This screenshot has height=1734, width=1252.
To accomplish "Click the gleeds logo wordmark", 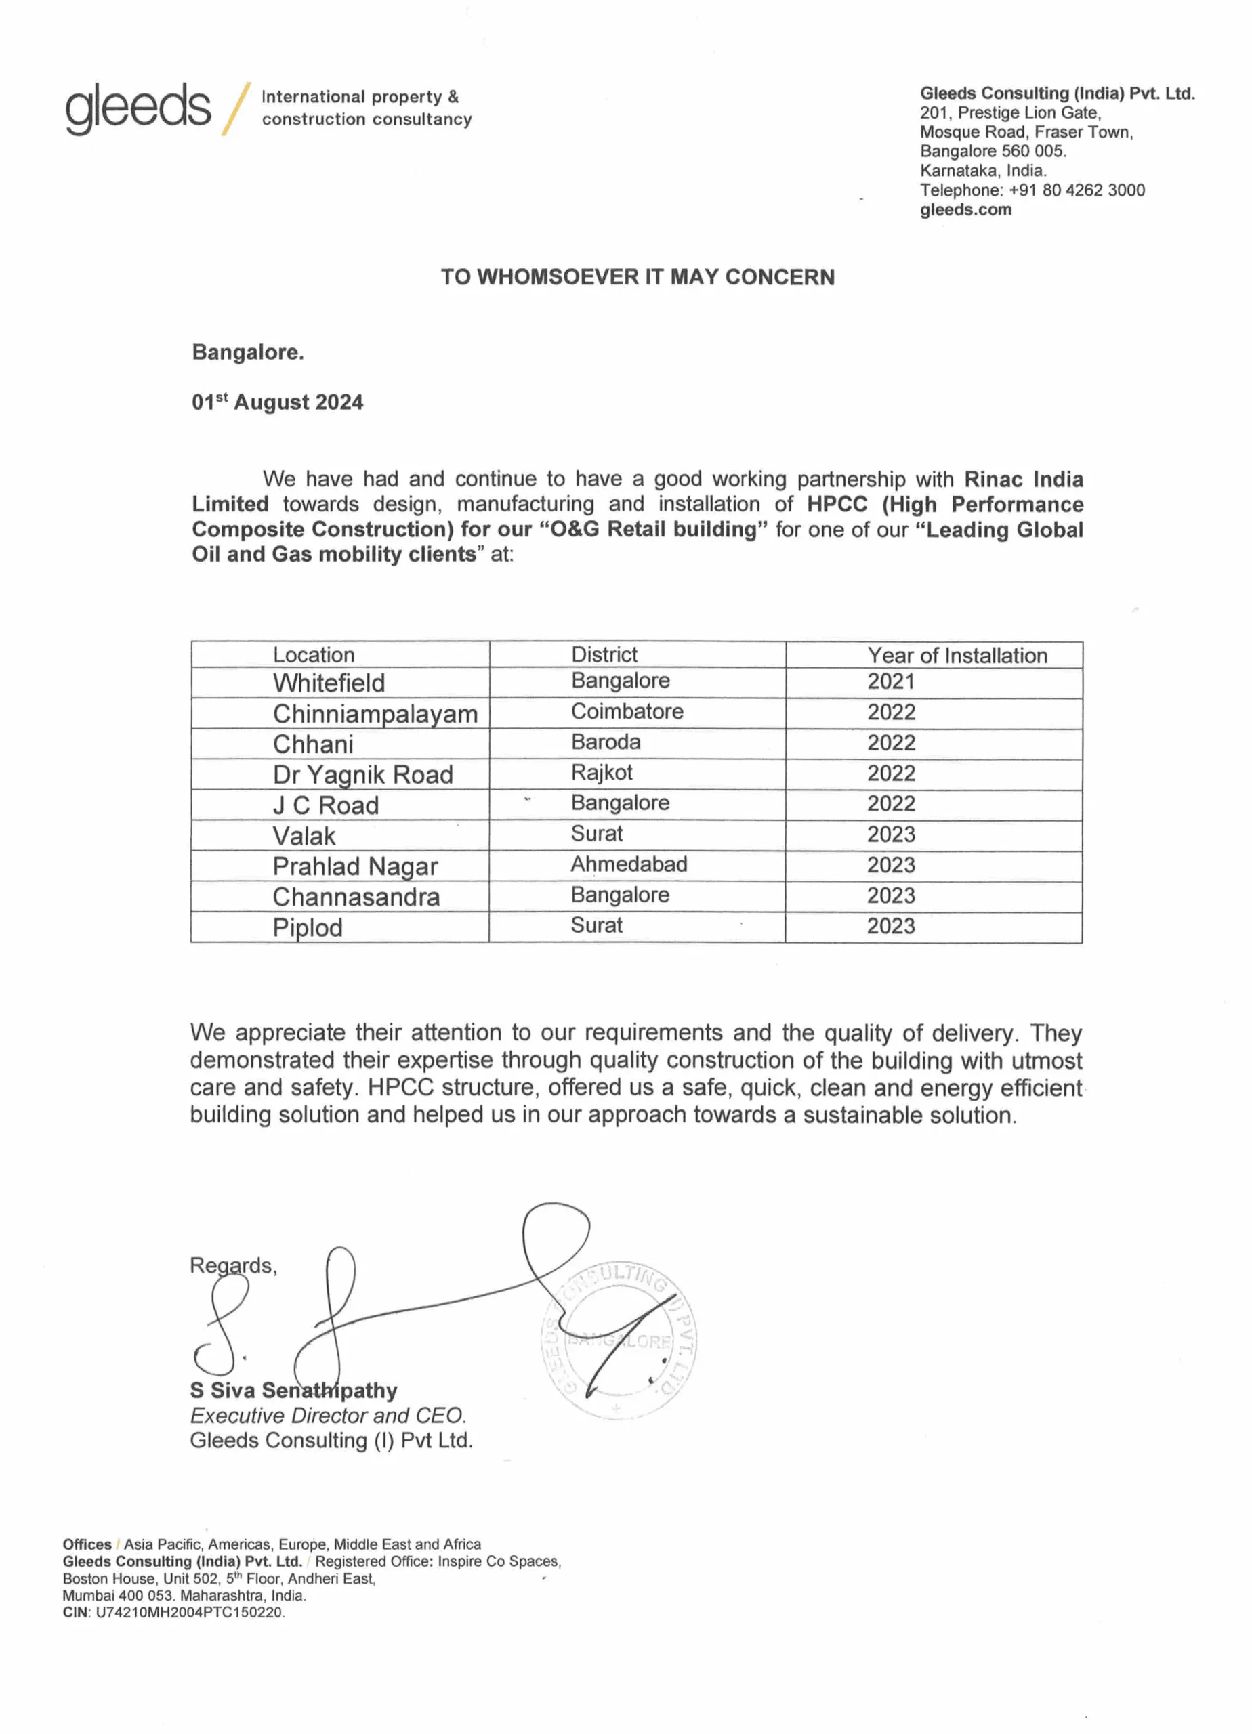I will [138, 108].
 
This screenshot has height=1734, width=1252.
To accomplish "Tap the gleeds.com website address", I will [965, 209].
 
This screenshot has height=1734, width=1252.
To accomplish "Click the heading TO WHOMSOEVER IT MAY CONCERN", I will [637, 277].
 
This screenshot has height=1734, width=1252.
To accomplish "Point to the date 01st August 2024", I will [277, 402].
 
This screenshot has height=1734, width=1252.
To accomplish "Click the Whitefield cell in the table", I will [329, 683].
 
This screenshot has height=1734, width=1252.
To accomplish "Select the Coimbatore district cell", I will [627, 712].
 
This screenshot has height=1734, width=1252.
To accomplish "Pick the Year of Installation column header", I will [957, 655].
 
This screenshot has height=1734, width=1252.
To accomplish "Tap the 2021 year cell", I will [891, 681].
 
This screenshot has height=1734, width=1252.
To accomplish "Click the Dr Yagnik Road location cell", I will [362, 774].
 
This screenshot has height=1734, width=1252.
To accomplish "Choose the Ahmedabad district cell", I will [629, 865].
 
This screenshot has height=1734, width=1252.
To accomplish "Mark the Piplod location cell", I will [308, 927].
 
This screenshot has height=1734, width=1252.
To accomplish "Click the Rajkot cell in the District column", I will [602, 773].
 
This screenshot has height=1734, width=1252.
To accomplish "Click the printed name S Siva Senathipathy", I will [293, 1390].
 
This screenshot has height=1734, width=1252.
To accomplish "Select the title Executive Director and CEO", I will [327, 1415].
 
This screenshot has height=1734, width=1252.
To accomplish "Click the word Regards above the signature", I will [232, 1265].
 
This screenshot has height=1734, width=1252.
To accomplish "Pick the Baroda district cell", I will [606, 742].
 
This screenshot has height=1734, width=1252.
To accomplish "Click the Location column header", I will [314, 655].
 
